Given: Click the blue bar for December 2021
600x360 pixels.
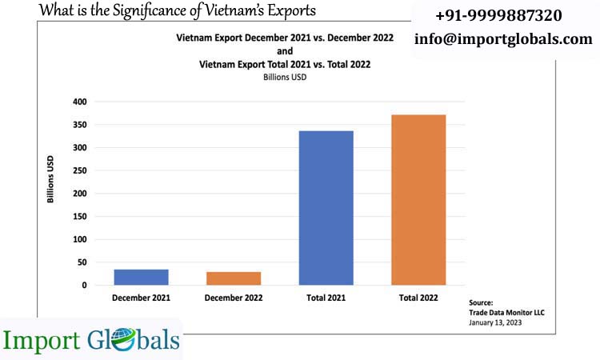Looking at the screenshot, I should click(x=141, y=277).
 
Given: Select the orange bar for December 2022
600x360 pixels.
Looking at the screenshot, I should click(x=234, y=278).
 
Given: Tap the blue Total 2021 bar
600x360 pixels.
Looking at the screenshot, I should click(x=326, y=207).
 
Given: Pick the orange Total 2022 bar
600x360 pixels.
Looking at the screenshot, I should click(x=418, y=199).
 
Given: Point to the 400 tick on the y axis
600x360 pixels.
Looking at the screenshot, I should click(x=79, y=102).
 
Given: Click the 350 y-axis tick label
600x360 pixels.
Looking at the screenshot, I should click(x=79, y=125).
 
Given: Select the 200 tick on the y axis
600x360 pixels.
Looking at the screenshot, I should click(x=79, y=194).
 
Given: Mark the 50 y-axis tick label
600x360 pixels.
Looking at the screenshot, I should click(x=82, y=262).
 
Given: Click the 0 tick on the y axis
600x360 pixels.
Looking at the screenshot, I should click(x=84, y=286).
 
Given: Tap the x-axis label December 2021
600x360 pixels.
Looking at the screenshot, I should click(x=141, y=298).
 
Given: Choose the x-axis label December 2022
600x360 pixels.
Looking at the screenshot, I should click(x=234, y=298).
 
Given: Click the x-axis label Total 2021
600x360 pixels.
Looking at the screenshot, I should click(x=326, y=298).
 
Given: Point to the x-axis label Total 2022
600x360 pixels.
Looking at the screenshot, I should click(x=418, y=298).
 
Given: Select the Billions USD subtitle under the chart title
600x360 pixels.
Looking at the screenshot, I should click(x=285, y=78).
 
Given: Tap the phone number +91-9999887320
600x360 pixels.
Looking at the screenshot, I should click(x=498, y=15).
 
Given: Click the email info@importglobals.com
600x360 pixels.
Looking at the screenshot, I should click(x=503, y=38).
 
